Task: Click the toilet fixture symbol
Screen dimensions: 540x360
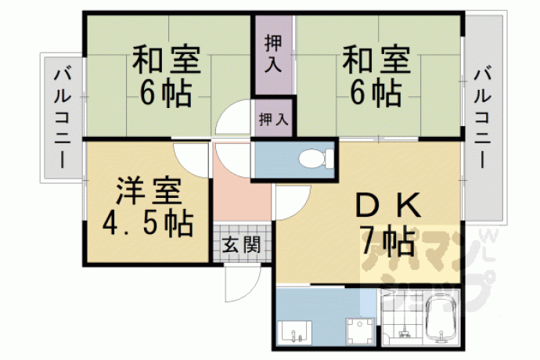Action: [x=317, y=158]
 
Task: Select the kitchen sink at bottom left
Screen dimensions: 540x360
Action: [x=295, y=333]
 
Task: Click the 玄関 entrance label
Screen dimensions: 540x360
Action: [x=241, y=245]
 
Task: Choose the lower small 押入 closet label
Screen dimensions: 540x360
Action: [x=273, y=119]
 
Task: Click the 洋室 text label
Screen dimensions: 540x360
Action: [x=149, y=192]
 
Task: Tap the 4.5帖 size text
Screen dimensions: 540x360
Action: [x=148, y=224]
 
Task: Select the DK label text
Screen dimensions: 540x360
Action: [x=387, y=206]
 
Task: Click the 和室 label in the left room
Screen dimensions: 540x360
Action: [x=167, y=59]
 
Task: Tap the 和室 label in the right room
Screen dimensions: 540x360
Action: [x=376, y=59]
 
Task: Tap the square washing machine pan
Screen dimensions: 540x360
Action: [x=360, y=331]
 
